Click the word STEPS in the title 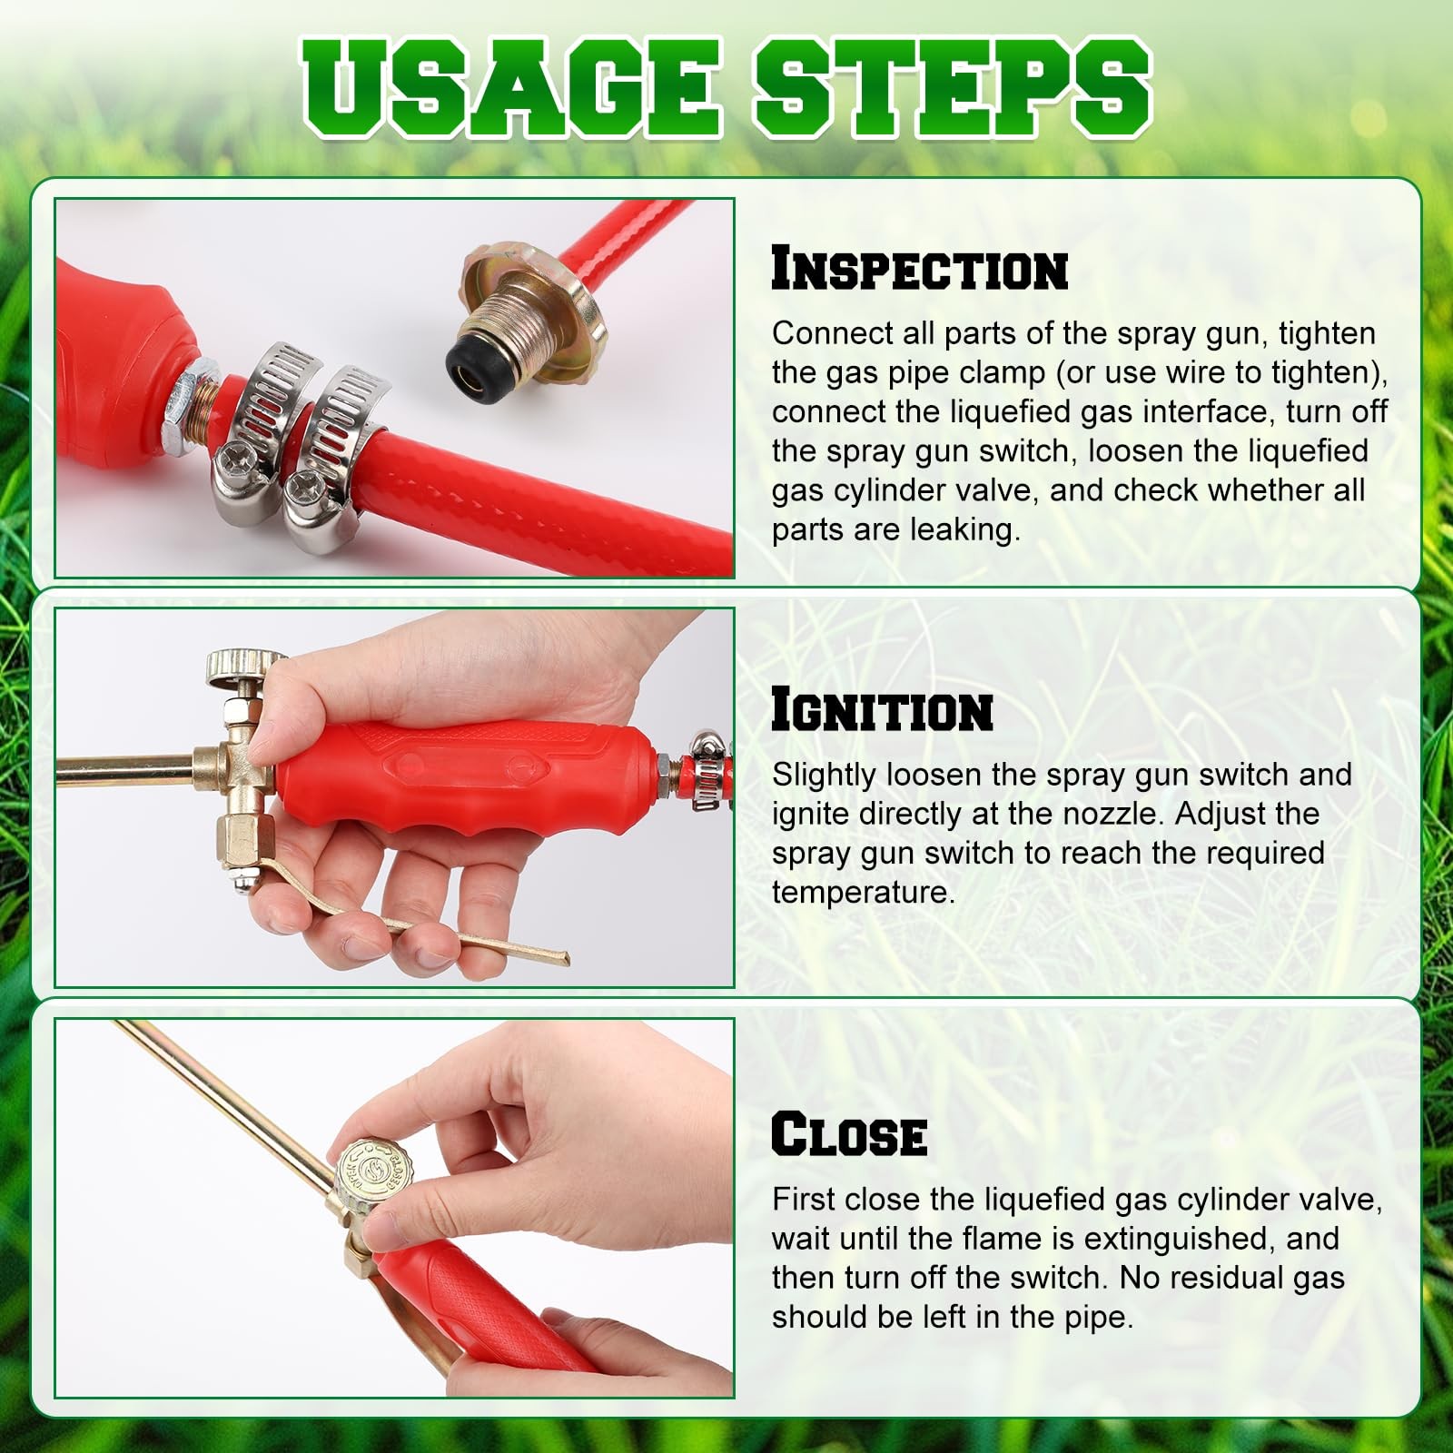[x=952, y=89]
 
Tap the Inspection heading [x=919, y=270]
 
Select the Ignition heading [x=881, y=710]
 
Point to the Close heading [x=849, y=1135]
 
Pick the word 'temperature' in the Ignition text [x=863, y=893]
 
